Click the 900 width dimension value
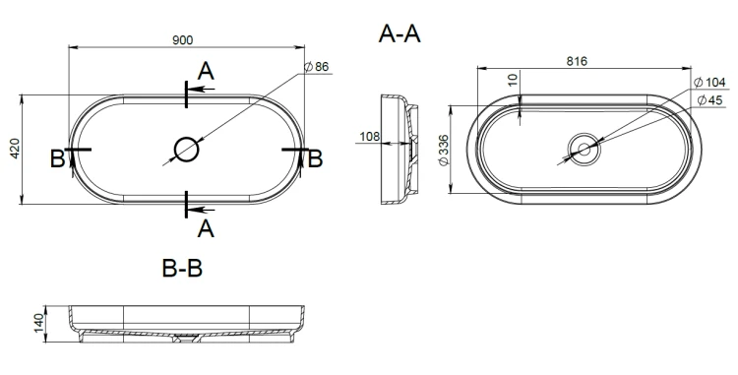coord(182,40)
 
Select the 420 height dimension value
coord(15,149)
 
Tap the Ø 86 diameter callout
coord(316,67)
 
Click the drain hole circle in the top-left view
coord(186,150)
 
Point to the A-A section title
coord(400,33)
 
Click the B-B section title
coord(182,268)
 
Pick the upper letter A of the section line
coord(206,72)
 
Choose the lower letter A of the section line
coord(206,229)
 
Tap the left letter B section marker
coord(57,159)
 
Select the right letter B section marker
coord(315,159)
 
